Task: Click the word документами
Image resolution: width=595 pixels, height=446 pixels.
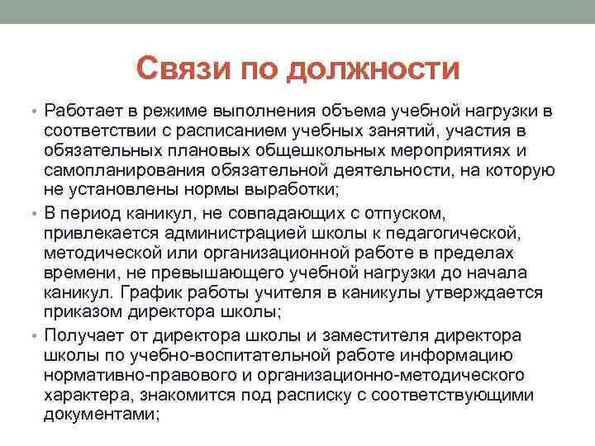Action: pyautogui.click(x=99, y=415)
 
